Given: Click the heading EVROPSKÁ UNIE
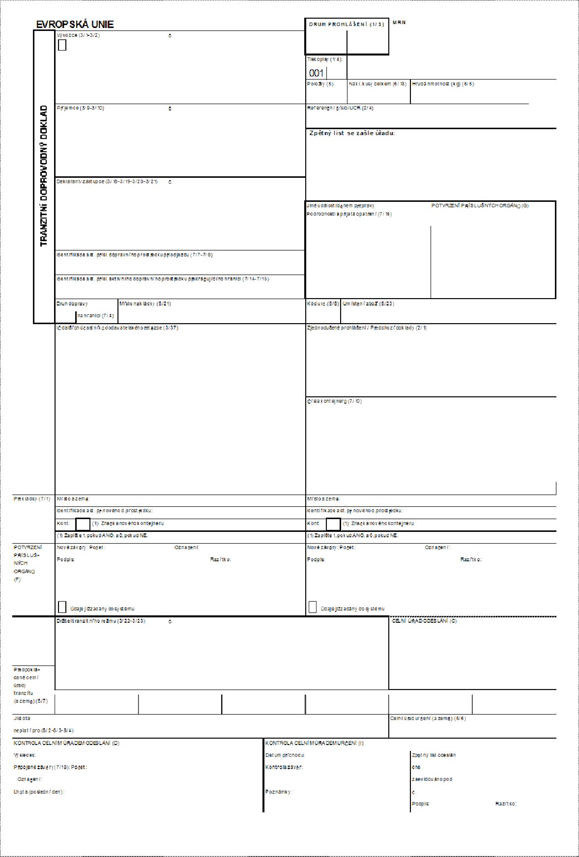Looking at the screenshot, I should pyautogui.click(x=75, y=25).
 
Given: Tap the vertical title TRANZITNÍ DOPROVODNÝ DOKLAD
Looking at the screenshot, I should pyautogui.click(x=44, y=175).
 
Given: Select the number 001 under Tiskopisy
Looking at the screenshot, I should pyautogui.click(x=316, y=73).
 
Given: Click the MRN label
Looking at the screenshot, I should pyautogui.click(x=399, y=23).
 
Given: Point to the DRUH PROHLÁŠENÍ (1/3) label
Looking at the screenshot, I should pyautogui.click(x=347, y=25).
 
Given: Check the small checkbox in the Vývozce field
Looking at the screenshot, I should pyautogui.click(x=62, y=45).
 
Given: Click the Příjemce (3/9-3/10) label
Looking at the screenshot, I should pyautogui.click(x=81, y=108).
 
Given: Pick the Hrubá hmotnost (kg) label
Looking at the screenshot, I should pyautogui.click(x=443, y=84).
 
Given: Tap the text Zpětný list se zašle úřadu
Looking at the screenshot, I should pyautogui.click(x=352, y=133).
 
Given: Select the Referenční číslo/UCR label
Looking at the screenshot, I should pyautogui.click(x=340, y=108).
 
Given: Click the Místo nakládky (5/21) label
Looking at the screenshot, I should pyautogui.click(x=145, y=304).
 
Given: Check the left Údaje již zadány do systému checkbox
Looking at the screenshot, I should pyautogui.click(x=62, y=607).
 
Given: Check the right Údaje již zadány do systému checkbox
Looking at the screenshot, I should pyautogui.click(x=313, y=607).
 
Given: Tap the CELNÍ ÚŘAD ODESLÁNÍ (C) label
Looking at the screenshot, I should pyautogui.click(x=424, y=621).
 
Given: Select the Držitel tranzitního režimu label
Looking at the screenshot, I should pyautogui.click(x=101, y=621).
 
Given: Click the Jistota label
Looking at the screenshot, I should pyautogui.click(x=22, y=718).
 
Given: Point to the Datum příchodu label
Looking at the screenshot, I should pyautogui.click(x=285, y=755).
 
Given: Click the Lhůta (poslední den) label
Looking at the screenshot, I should pyautogui.click(x=39, y=792).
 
